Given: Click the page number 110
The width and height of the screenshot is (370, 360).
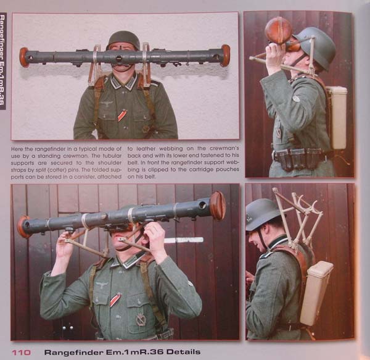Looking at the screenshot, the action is coord(21,353).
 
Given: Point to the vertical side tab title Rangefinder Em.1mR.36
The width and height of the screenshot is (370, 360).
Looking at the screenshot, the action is coord(2,61).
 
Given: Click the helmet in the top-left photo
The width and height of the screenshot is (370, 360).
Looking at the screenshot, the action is coord(123,40).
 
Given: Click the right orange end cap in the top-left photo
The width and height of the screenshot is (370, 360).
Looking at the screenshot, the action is coord(226,56).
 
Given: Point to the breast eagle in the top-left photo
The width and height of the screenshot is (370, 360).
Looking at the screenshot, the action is coord(107,104).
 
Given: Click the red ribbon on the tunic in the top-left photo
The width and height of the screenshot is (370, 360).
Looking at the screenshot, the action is coord(122,115).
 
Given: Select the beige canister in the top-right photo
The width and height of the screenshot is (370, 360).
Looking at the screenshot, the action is coord(337,117).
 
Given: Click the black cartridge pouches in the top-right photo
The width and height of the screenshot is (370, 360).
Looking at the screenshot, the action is coord(299,158).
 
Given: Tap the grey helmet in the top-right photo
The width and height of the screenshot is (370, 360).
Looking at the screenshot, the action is coord(316,47).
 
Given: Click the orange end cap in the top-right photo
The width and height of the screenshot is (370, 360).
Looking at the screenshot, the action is coord(279,30).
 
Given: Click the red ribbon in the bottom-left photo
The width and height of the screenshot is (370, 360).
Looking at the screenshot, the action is coord(115,299).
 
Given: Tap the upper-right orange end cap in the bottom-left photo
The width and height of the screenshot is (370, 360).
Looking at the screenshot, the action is coord(218,206).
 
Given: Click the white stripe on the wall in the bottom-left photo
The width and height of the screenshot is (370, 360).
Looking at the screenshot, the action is coord(184,240).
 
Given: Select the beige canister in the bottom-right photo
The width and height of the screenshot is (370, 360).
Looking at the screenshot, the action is coord(316,293).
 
